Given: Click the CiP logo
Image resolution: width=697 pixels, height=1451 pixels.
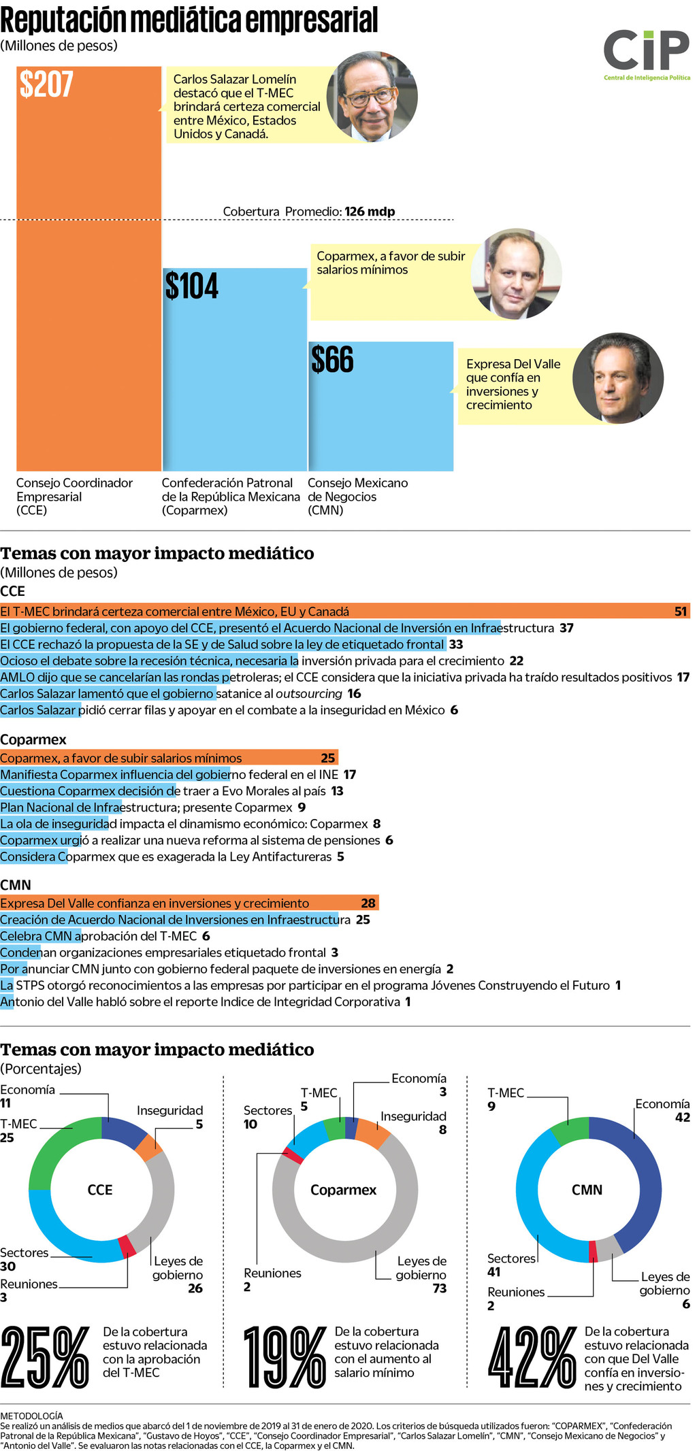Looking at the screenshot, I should pos(646,54).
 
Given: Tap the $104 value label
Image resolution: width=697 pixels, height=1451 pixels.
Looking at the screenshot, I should pos(192,286).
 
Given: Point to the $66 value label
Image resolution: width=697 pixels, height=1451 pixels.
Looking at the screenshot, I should pos(332,360).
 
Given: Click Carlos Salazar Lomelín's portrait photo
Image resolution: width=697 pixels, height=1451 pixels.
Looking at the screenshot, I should pos(372,97).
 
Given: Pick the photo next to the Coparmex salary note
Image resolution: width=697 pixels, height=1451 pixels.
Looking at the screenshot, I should pos(516,273).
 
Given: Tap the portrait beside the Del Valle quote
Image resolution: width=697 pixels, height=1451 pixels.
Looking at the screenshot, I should pos(617,378).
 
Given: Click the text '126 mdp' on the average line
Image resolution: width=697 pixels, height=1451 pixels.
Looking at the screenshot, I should pos(370,212).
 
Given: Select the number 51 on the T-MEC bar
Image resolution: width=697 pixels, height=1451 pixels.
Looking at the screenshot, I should pos(681,612).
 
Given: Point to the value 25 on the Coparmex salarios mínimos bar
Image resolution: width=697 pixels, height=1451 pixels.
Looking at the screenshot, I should pos(328,758).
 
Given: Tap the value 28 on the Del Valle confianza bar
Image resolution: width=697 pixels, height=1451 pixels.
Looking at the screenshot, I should pos(368,903).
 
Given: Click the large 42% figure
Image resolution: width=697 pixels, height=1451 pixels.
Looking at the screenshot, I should pos(533,1358).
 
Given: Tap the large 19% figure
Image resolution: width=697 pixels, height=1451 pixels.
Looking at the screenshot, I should pos(285,1358).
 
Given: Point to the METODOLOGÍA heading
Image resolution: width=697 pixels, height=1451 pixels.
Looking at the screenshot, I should pos(31,1416).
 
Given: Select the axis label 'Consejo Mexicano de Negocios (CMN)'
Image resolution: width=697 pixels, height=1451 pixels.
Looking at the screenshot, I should pos(358,497).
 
